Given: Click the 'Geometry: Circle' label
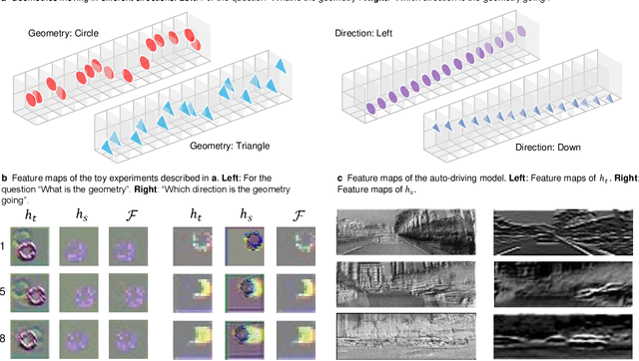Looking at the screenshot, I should click(62, 35).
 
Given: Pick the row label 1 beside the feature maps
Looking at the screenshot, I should click(4, 244).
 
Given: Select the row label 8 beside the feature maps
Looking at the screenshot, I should click(4, 339).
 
